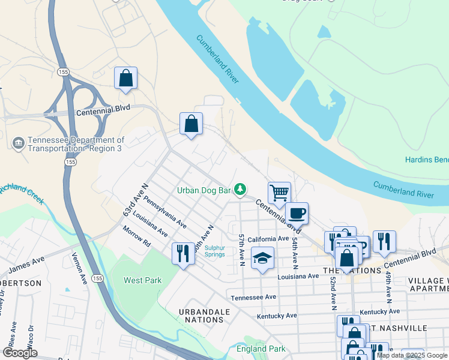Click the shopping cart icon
tap(279, 193)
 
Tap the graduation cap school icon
tap(262, 258)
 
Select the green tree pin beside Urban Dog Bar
tap(240, 190)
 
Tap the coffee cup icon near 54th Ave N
tap(297, 212)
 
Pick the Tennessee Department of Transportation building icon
tap(19, 143)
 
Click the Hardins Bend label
tap(427, 160)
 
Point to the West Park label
tap(142, 280)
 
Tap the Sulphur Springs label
tap(215, 251)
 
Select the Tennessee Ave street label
tap(253, 297)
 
